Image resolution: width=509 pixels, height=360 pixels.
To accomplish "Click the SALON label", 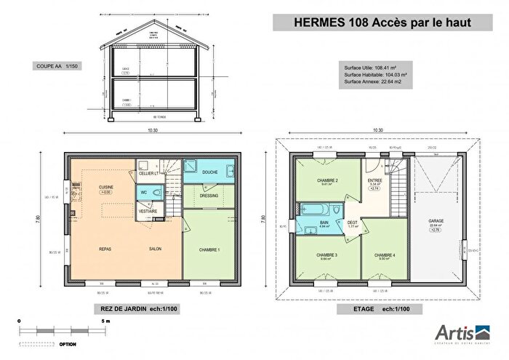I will tap(155, 249).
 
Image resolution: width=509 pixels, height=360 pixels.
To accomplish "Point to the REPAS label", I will tap(105, 249).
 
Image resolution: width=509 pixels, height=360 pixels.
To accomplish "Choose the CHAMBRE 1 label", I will tap(209, 249).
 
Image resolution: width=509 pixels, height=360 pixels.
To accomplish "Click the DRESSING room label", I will tap(209, 196).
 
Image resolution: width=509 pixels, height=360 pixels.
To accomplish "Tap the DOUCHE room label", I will tap(210, 172).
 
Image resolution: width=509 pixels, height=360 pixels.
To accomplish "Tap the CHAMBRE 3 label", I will tap(326, 255).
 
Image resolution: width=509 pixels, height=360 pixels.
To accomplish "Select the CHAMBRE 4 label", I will tap(385, 255).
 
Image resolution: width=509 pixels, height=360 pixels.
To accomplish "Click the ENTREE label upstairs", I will tap(374, 180).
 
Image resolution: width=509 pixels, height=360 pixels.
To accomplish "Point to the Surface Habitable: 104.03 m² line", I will tap(374, 75).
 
